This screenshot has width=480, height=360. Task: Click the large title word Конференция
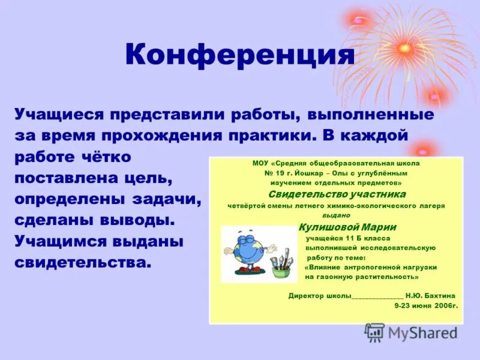[x=240, y=55]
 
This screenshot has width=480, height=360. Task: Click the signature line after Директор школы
[x=377, y=296]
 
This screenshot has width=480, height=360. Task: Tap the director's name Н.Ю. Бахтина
[x=430, y=296]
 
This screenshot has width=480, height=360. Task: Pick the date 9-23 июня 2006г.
[x=425, y=305]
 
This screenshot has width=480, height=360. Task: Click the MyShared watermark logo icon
[x=374, y=332]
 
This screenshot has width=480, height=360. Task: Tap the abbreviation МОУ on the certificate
[x=259, y=163]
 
